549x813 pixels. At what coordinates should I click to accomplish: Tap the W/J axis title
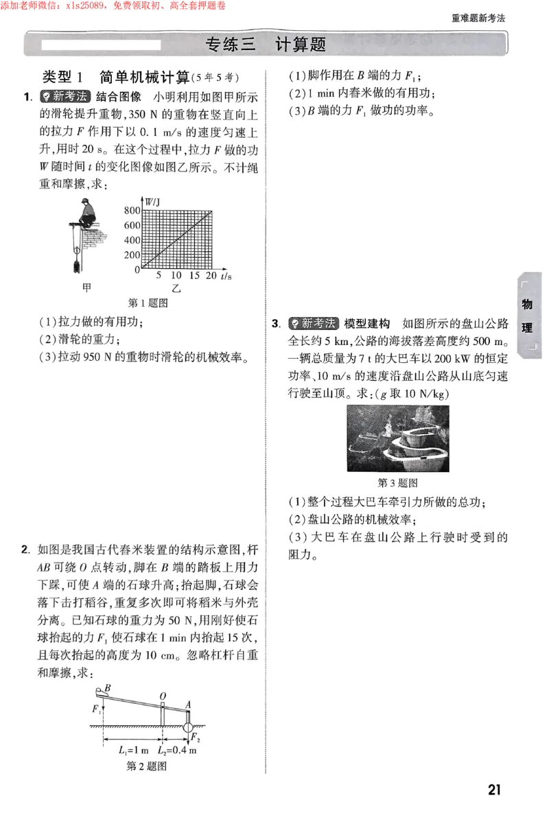[x=152, y=201]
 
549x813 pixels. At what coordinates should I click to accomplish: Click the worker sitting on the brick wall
[x=86, y=211]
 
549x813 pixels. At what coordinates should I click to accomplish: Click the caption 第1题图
[x=148, y=303]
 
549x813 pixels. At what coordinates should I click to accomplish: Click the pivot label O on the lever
[x=163, y=697]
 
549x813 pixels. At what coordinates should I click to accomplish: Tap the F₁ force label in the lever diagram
[x=96, y=709]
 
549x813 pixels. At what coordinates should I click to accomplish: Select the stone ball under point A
[x=187, y=725]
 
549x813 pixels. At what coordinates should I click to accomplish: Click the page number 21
[x=494, y=790]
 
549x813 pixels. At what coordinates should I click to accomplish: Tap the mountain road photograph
[x=397, y=438]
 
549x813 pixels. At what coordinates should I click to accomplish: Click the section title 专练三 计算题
[x=266, y=45]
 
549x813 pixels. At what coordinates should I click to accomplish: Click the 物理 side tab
[x=526, y=316]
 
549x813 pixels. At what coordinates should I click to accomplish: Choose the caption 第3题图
[x=398, y=483]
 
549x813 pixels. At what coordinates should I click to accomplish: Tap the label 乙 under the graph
[x=176, y=290]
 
